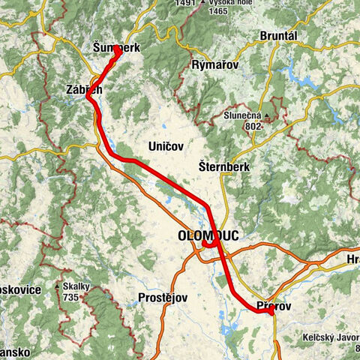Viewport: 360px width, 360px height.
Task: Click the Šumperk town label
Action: coord(117,47)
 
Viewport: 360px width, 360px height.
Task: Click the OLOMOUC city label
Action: coord(208,235)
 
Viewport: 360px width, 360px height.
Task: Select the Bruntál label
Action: coord(278,36)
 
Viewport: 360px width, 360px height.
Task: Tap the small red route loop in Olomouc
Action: coord(208,243)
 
